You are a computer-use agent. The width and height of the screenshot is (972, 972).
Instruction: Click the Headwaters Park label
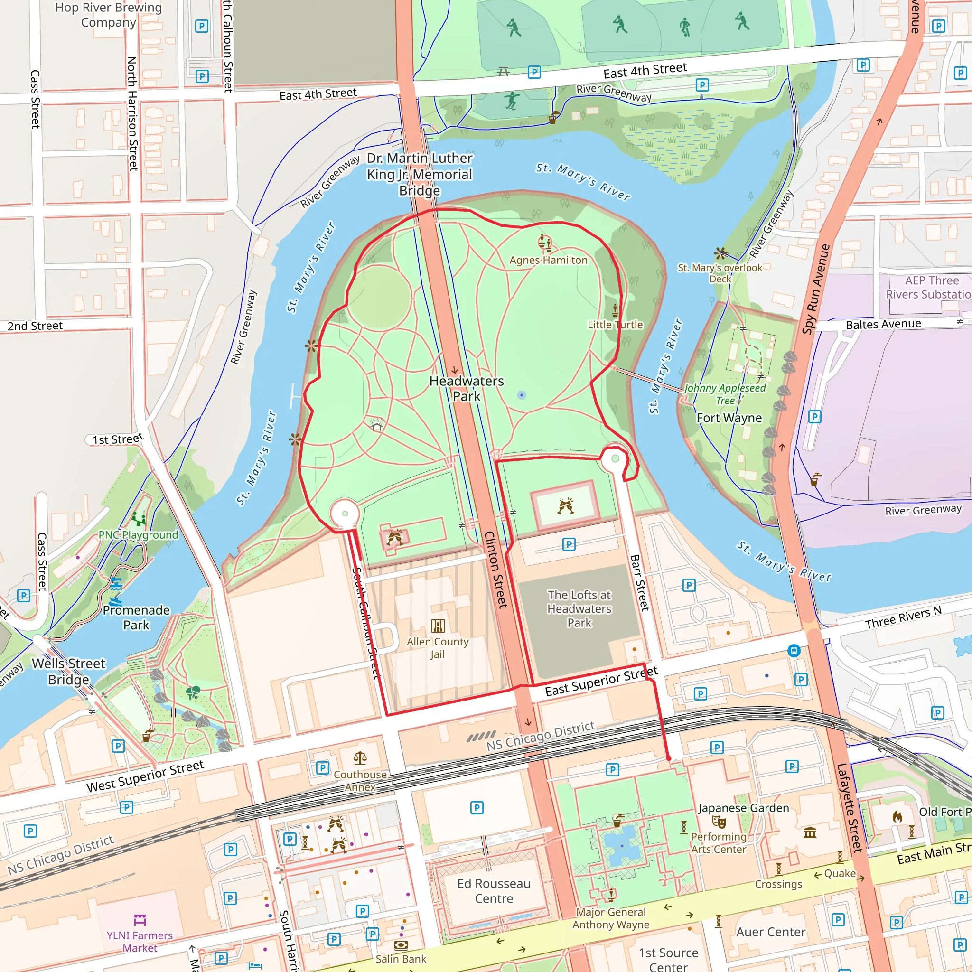[x=467, y=388]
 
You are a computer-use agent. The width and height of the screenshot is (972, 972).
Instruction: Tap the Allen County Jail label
[x=437, y=647]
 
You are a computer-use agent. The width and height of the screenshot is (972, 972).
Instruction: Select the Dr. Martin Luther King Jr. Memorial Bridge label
[x=420, y=174]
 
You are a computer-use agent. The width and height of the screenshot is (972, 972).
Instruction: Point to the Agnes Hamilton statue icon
[x=545, y=243]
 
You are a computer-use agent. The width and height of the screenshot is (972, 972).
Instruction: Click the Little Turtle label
[x=615, y=325]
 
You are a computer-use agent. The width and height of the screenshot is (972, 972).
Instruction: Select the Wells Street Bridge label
[x=69, y=672]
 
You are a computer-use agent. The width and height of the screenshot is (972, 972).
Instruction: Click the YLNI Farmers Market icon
[x=140, y=920]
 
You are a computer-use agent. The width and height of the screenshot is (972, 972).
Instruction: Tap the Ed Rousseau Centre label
[x=494, y=891]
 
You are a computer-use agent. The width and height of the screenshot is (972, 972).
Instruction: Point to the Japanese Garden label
[x=743, y=808]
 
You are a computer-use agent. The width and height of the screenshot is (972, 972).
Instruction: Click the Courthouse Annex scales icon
[x=360, y=757]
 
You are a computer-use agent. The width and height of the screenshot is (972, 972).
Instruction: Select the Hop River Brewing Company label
[x=109, y=15]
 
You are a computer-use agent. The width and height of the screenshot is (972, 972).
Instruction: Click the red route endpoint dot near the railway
[x=668, y=758]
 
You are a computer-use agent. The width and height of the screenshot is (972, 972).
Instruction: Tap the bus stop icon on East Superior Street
[x=794, y=651]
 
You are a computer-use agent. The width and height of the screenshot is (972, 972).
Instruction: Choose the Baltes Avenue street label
[x=883, y=325]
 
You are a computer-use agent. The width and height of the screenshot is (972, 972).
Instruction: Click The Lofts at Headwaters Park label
[x=579, y=609]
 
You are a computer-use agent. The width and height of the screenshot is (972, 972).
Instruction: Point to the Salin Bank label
[x=401, y=959]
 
